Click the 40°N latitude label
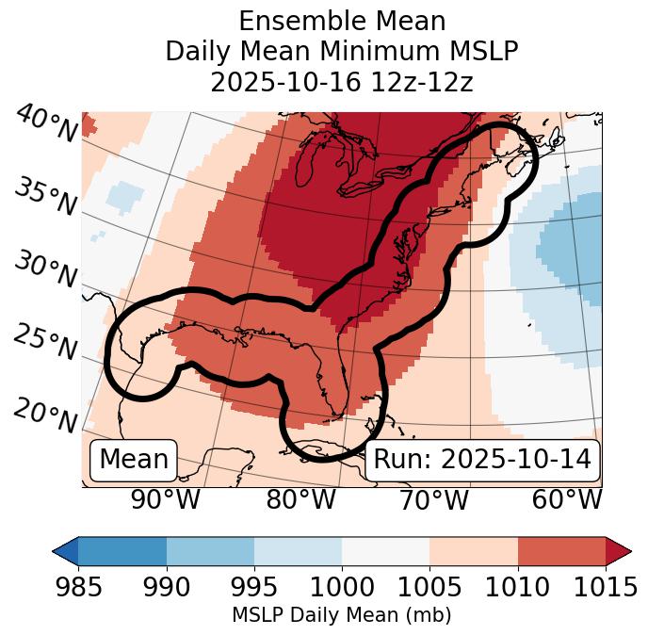45,125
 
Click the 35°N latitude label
45,197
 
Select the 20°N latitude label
45,415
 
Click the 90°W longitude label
165,500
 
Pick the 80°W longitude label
300,500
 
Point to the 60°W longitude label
567,500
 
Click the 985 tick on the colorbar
78,588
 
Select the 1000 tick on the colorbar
341,588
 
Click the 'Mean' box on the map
134,460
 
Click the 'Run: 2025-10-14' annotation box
481,460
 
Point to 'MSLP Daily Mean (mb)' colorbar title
341,616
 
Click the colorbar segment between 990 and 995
210,550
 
